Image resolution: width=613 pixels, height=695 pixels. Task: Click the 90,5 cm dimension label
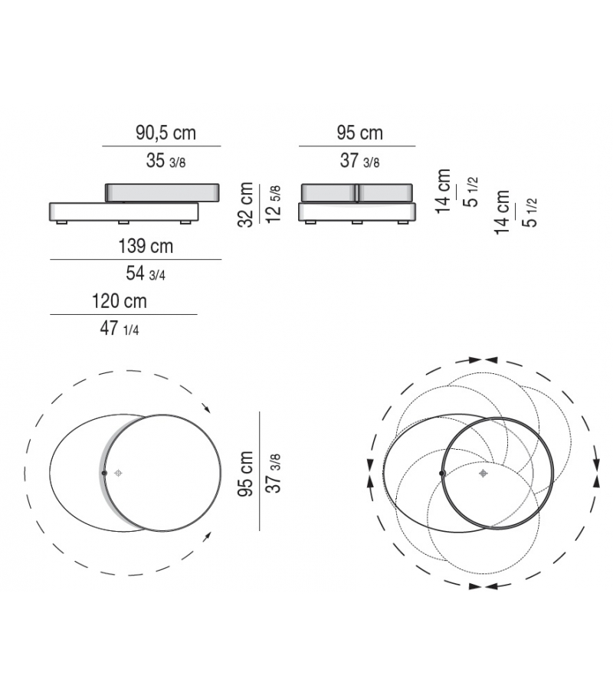coord(166,133)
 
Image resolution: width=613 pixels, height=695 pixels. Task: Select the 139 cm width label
coord(146,246)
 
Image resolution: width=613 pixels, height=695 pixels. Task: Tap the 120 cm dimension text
coord(120,301)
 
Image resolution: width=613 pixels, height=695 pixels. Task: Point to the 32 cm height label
coord(245,205)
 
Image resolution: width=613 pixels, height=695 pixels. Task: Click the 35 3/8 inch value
coord(166,161)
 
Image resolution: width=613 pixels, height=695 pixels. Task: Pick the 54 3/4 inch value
coord(146,274)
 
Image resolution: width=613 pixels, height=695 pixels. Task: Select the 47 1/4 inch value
coord(120,329)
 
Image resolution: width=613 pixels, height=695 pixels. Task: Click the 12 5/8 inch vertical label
coord(273,205)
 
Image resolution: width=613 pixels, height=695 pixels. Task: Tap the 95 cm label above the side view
coord(359,133)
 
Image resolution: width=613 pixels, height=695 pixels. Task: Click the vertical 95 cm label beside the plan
coord(245,474)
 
